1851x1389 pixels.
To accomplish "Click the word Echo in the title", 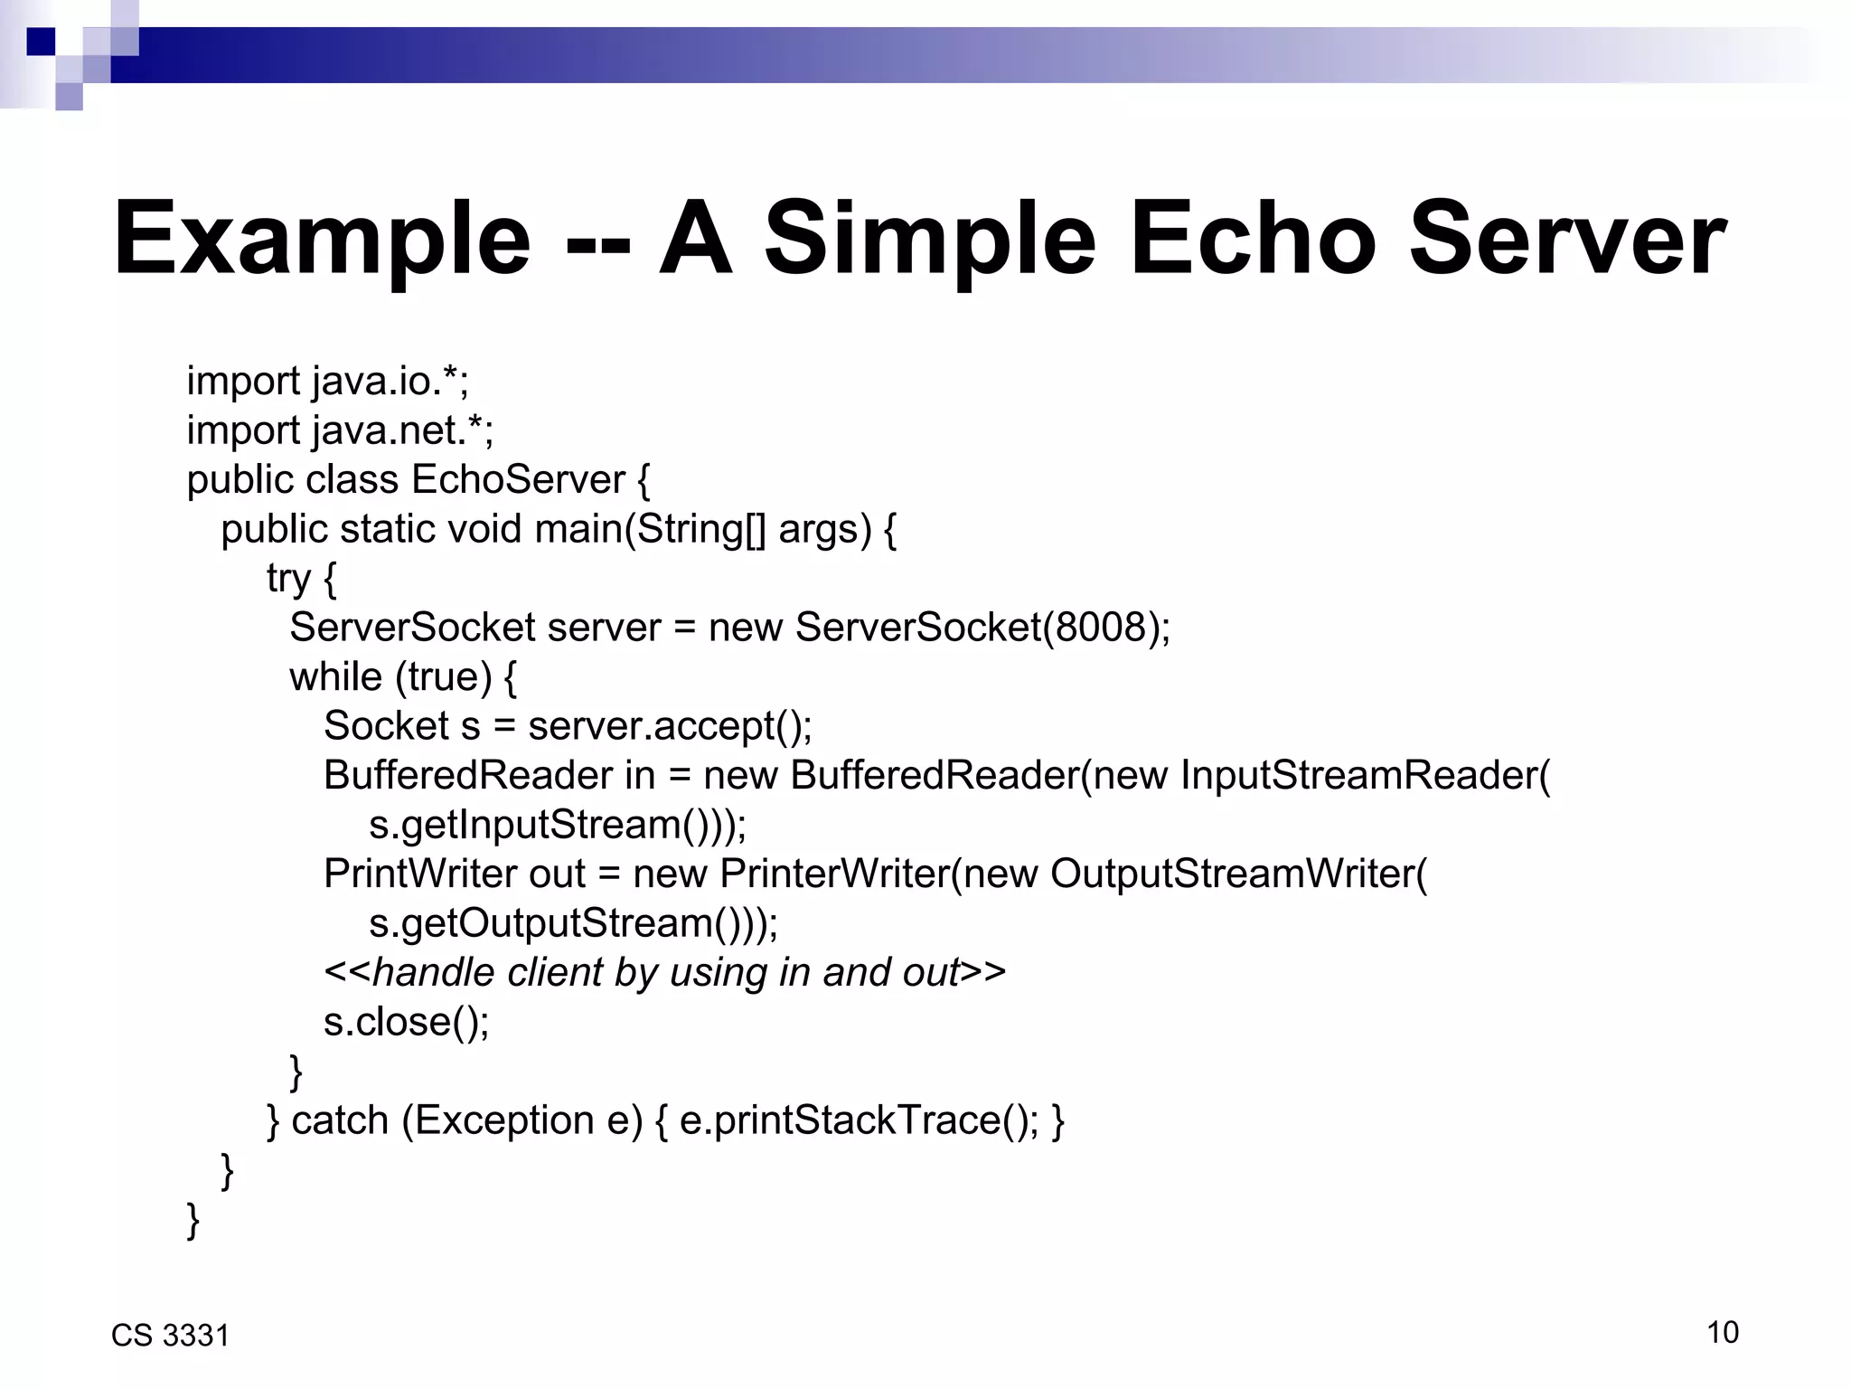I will [1253, 239].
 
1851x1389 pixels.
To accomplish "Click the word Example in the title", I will [322, 241].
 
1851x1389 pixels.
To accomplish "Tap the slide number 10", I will [1723, 1332].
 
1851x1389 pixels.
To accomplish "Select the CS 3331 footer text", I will [170, 1336].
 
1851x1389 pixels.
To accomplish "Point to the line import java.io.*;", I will [327, 382].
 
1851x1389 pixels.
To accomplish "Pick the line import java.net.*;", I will [340, 431].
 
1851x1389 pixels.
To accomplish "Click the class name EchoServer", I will [518, 480].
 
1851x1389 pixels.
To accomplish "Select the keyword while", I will [335, 677].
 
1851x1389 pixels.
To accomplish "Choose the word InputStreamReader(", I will [1365, 776].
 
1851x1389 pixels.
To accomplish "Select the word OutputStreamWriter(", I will [1238, 874].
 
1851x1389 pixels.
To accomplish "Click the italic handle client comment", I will [664, 973].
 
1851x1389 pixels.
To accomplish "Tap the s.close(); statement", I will [406, 1023].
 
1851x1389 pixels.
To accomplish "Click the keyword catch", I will [340, 1121].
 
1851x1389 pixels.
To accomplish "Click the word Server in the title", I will [1567, 239].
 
